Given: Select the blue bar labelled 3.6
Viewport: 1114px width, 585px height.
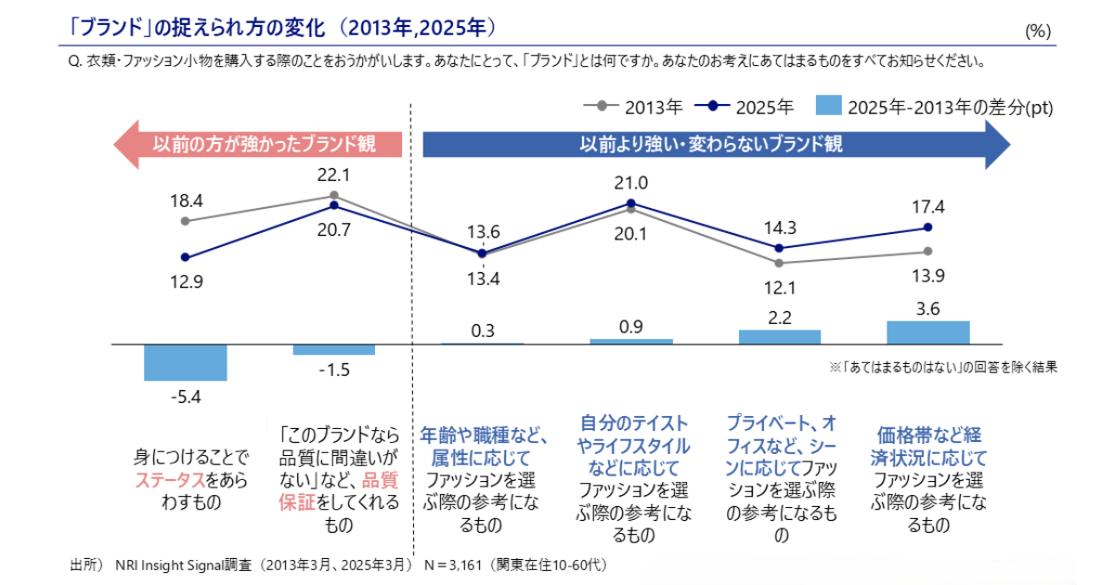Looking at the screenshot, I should pos(927,332).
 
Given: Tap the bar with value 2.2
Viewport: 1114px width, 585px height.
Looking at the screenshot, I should pos(780,337).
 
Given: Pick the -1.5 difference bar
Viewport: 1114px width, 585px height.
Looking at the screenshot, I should pos(333,349).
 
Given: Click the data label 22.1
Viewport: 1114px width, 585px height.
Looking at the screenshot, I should pos(333,175).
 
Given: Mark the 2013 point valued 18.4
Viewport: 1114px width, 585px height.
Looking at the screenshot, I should pos(186,221).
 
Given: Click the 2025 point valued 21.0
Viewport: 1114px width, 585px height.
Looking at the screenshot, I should pos(631,203).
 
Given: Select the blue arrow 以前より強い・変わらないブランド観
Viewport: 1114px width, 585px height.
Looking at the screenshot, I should pos(715,144).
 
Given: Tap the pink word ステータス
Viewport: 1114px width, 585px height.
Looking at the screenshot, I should pos(170,480).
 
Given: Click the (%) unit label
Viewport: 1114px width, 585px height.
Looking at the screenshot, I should pos(1037,32).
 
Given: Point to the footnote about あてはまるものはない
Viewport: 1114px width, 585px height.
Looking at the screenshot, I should pos(942,367).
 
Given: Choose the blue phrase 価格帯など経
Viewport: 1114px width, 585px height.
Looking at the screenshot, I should pos(928,435).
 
